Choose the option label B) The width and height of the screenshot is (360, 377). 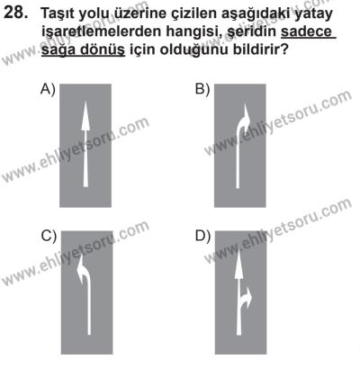coord(202,88)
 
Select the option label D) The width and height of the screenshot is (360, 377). coord(202,238)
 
